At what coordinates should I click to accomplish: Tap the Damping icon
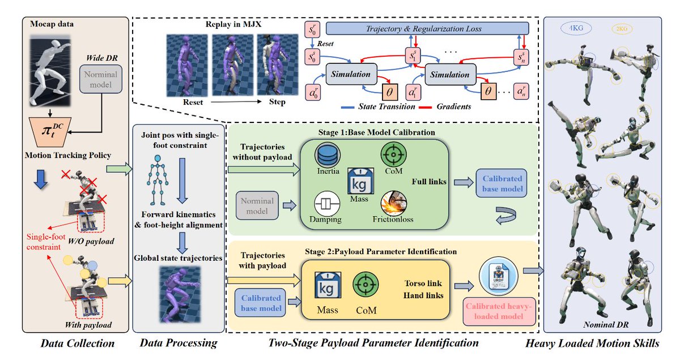325,205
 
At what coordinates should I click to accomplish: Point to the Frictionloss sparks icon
392,204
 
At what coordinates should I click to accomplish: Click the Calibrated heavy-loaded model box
495,311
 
